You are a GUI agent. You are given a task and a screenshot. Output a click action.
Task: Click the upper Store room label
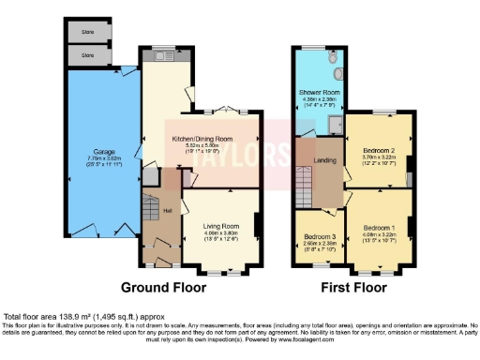(x=87, y=34)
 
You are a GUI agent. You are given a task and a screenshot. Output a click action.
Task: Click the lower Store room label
(x=87, y=56)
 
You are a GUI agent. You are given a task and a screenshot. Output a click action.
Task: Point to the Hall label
(x=167, y=211)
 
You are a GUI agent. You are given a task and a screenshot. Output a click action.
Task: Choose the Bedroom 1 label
(x=381, y=228)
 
